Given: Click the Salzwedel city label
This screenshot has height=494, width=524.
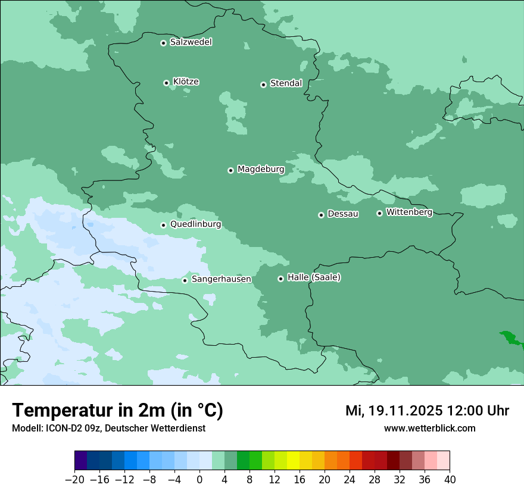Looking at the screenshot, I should pos(191,42).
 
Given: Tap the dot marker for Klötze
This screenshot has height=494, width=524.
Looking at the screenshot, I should pos(166,83).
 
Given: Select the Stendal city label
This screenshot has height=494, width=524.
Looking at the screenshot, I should pos(286,83).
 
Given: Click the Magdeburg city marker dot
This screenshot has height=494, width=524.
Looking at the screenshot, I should pos(230,170).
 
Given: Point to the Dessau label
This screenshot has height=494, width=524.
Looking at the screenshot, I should pos(343,214).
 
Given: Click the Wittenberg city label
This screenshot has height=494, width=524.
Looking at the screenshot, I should pos(409,212).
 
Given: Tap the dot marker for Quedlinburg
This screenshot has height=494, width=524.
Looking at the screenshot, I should pos(163,225).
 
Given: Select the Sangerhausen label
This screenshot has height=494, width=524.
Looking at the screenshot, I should pos(221,279).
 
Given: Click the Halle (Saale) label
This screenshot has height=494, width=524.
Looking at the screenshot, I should pos(314,277).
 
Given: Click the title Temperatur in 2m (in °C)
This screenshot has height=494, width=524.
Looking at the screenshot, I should pos(117,411).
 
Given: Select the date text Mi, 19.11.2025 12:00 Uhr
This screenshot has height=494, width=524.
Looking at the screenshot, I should pos(427,411).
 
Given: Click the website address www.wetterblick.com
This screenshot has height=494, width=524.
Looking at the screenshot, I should pos(429,429).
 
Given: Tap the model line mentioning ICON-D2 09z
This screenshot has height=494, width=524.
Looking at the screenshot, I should pos(108,429).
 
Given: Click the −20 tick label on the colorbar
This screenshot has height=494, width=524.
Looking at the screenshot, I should pos(74,480).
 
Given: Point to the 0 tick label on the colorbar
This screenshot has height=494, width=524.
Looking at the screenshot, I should pos(199,480).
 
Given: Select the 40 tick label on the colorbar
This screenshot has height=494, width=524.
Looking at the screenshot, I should pos(450,480).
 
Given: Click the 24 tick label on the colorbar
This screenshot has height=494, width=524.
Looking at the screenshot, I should pos(350,480).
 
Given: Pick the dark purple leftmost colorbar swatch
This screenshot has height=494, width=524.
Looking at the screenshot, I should pos(81,461).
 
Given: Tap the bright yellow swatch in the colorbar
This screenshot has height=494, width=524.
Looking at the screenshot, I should pos(293,461).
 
